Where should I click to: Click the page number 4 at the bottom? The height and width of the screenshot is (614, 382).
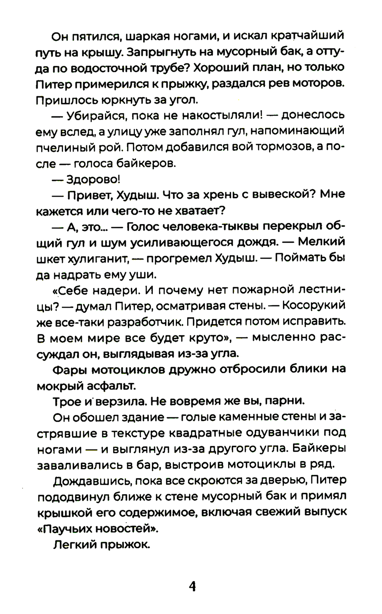pyautogui.click(x=192, y=586)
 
